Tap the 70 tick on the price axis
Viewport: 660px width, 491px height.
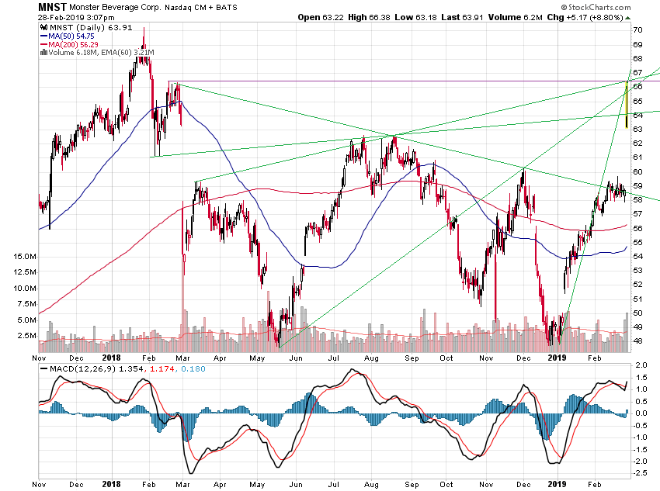[x=637, y=29]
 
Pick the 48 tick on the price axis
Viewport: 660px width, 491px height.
[x=637, y=341]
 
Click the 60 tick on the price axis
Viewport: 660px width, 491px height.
[x=637, y=171]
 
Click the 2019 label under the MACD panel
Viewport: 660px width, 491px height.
[x=558, y=483]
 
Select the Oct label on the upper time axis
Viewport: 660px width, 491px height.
[x=446, y=358]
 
